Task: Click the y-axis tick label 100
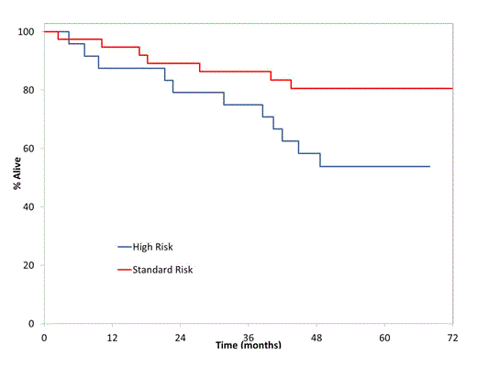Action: pyautogui.click(x=26, y=32)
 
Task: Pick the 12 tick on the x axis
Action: pyautogui.click(x=112, y=337)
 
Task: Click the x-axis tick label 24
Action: pyautogui.click(x=180, y=337)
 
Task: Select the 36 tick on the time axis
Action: pyautogui.click(x=248, y=337)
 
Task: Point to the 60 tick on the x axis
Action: pyautogui.click(x=384, y=337)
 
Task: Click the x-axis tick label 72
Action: pyautogui.click(x=452, y=337)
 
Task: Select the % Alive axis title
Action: pyautogui.click(x=17, y=174)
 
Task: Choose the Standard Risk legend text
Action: pyautogui.click(x=165, y=270)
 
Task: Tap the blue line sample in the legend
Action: pyautogui.click(x=125, y=247)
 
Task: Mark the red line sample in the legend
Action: pyautogui.click(x=125, y=270)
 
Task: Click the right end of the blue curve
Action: pyautogui.click(x=429, y=166)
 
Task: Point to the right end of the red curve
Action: pyautogui.click(x=452, y=88)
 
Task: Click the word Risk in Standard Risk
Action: pyautogui.click(x=183, y=270)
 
